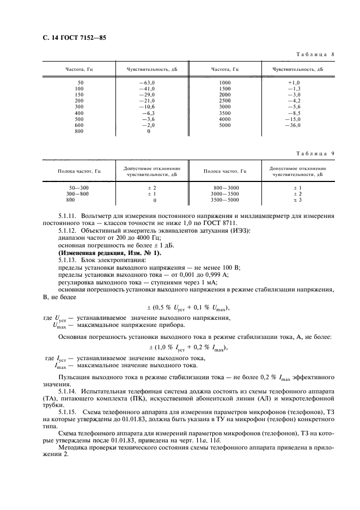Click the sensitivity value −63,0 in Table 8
tap(148, 82)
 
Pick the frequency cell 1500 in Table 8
tap(225, 88)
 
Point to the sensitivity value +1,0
tap(294, 82)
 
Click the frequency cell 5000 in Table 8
tap(225, 125)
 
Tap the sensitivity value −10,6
tap(148, 106)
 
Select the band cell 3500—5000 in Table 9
tap(226, 200)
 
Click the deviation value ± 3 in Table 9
tap(298, 200)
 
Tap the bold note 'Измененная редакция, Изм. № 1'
tap(103, 252)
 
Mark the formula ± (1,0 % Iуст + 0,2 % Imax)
tap(188, 347)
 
